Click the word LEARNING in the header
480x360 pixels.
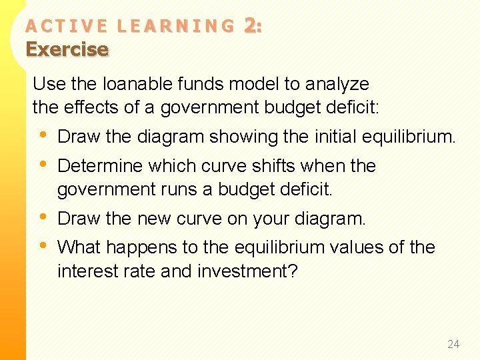[x=175, y=26]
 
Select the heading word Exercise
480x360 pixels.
[x=67, y=49]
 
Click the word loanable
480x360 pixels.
[x=133, y=84]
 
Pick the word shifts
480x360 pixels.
[x=269, y=165]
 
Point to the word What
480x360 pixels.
[x=77, y=247]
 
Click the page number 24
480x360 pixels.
[x=453, y=344]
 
